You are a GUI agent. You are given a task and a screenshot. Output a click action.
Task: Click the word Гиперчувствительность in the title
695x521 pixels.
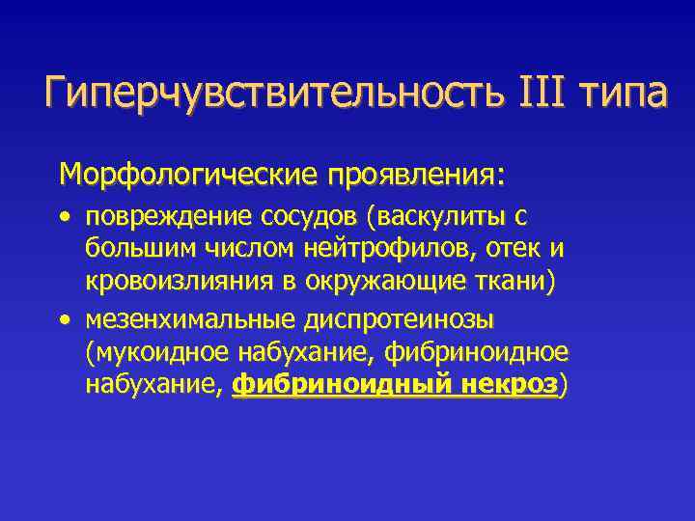coord(264,96)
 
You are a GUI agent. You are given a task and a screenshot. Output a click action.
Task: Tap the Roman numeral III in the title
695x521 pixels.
coord(527,96)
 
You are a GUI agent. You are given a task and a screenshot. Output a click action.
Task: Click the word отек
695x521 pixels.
coord(512,251)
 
